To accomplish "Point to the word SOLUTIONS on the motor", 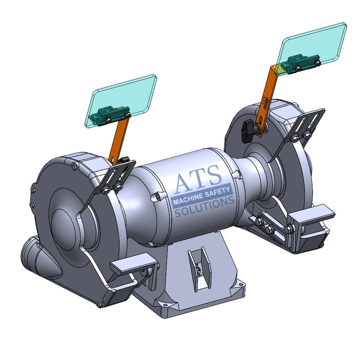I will pyautogui.click(x=204, y=208).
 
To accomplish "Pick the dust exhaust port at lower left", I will pyautogui.click(x=36, y=254).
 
